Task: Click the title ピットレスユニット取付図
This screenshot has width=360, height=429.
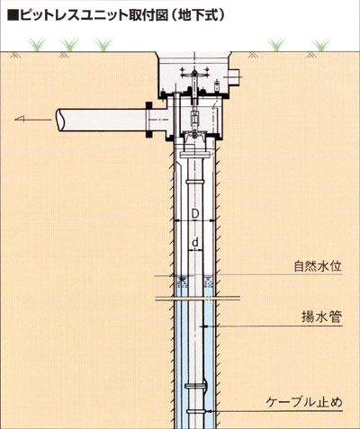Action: (94, 15)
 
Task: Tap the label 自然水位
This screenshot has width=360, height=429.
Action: (318, 266)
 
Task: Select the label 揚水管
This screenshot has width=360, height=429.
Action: (322, 317)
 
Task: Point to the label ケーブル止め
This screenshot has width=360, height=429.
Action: (304, 402)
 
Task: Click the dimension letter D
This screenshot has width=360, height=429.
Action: (195, 214)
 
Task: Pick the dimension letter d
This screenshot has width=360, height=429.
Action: (195, 242)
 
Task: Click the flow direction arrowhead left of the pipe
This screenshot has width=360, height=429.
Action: (20, 120)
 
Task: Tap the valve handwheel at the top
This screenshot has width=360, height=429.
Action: (194, 75)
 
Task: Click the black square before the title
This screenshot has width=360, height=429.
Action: (13, 15)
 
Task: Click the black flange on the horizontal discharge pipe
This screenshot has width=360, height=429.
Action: (148, 120)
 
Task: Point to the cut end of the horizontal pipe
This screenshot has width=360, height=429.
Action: (61, 120)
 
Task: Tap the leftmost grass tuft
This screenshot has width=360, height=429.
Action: (37, 45)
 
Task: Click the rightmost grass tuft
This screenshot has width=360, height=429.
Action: (321, 45)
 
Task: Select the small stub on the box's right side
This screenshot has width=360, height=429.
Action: (235, 77)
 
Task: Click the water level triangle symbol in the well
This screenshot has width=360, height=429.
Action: (181, 280)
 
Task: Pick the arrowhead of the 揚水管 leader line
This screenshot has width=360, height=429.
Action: (206, 326)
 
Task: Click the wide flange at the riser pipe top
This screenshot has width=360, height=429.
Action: (194, 155)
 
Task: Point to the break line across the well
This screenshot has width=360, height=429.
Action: (198, 299)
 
